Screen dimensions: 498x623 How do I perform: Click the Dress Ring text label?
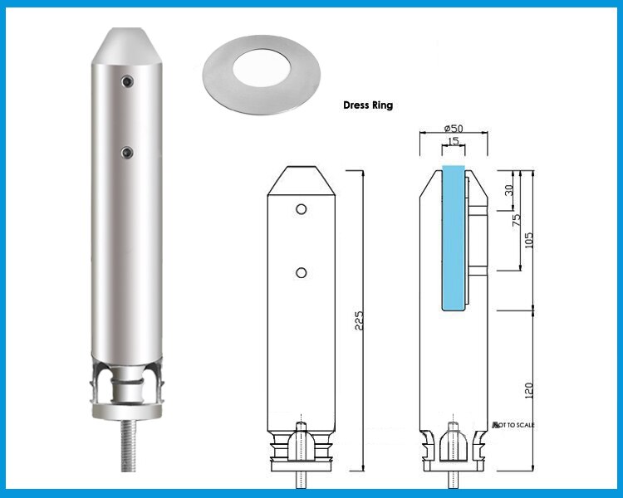[x=368, y=106]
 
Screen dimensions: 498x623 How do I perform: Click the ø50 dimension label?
[x=454, y=129]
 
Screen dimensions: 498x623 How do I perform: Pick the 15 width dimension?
[x=453, y=142]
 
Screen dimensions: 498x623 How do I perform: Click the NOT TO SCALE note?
[x=514, y=425]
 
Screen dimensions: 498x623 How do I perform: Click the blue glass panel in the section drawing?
[x=454, y=237]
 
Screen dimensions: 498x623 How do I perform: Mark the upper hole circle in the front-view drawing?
[x=302, y=207]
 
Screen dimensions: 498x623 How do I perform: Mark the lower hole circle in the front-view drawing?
[x=302, y=272]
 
